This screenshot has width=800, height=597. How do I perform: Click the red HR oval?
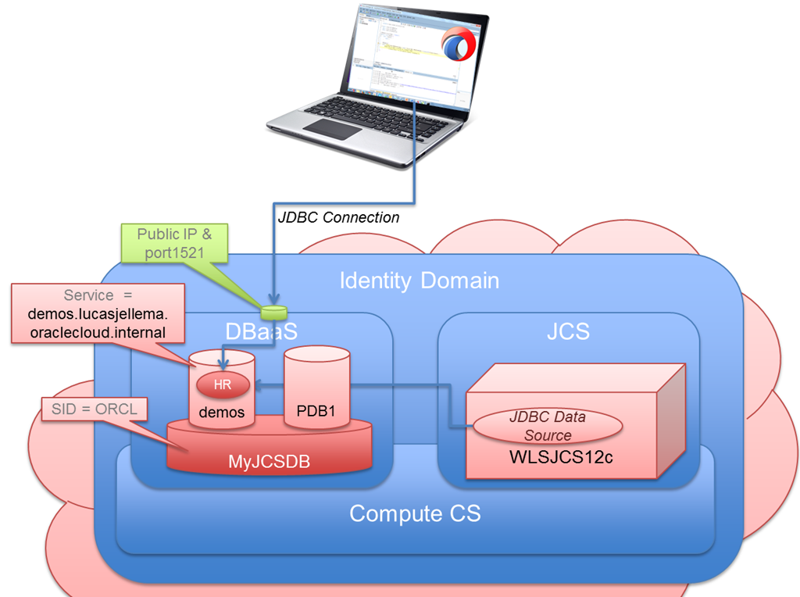pos(223,384)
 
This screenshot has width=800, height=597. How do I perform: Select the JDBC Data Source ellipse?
pos(547,426)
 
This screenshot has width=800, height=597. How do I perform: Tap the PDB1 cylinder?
pos(316,391)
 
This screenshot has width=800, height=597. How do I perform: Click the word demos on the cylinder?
pos(223,413)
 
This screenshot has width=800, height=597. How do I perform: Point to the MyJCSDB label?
pos(270,462)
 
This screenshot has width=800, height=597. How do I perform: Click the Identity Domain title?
pos(419,281)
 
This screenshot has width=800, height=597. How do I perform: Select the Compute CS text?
pos(414,513)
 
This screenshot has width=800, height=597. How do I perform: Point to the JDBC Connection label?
pos(338,217)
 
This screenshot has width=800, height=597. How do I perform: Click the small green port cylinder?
pos(274,313)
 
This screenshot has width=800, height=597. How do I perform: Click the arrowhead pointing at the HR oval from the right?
pos(258,384)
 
